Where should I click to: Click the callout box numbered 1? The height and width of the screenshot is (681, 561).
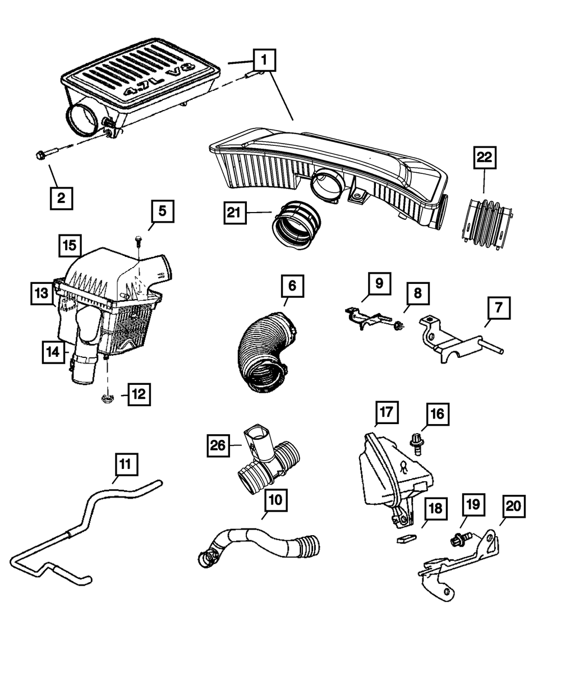[265, 60]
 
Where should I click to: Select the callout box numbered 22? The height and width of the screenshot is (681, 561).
[485, 158]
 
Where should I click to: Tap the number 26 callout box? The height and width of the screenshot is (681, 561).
[218, 445]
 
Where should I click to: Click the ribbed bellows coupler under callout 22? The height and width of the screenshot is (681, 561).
[488, 225]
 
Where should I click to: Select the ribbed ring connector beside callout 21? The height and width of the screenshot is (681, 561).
[296, 225]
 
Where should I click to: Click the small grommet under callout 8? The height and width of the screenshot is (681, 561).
[398, 325]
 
